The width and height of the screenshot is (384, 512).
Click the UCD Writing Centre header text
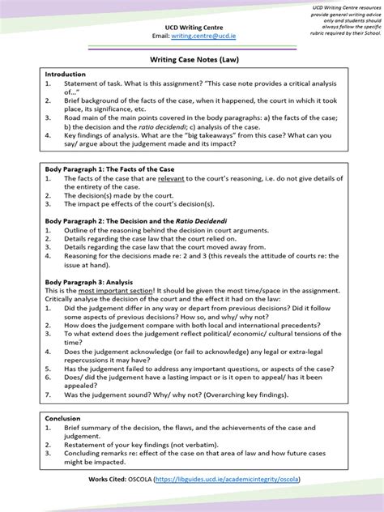pyautogui.click(x=191, y=28)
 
